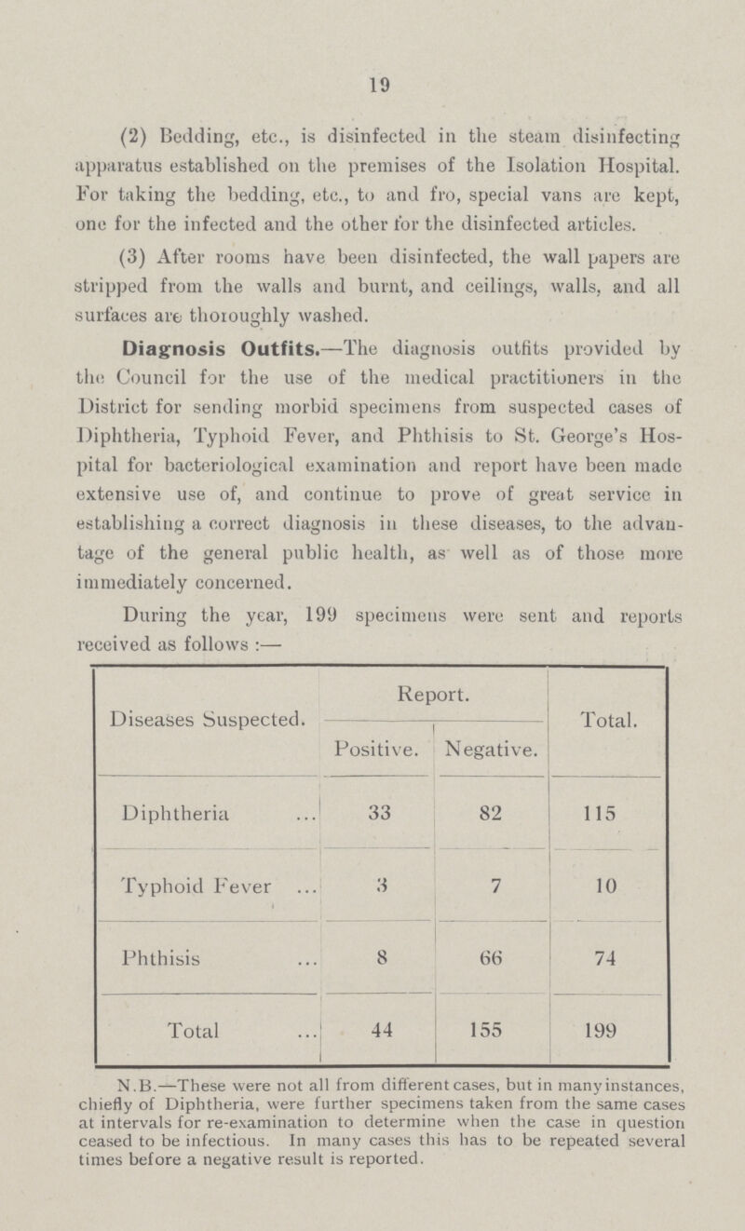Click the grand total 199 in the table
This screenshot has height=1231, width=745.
pyautogui.click(x=608, y=1050)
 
